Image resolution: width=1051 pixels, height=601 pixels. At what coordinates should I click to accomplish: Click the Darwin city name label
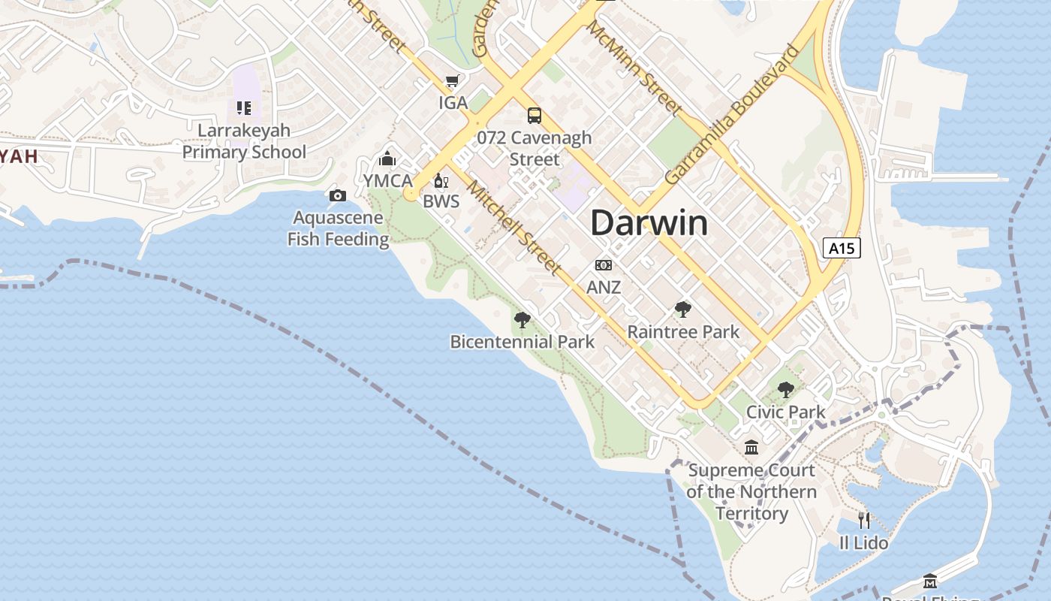tap(649, 224)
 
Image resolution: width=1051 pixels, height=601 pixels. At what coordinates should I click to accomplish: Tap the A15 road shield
tap(841, 249)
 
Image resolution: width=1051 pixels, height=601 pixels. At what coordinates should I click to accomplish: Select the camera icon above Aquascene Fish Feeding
tap(338, 196)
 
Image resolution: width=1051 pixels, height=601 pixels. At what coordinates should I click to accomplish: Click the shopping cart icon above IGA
tap(452, 81)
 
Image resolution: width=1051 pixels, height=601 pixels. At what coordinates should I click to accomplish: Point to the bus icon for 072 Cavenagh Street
tap(535, 116)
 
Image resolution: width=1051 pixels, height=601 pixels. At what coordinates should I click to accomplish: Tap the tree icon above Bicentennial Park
tap(522, 320)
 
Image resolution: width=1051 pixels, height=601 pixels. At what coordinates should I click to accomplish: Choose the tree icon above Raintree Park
tap(682, 310)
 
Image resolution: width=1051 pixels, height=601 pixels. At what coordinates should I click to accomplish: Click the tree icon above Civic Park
tap(785, 390)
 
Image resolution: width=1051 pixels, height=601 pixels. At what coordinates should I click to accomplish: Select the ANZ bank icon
tap(603, 265)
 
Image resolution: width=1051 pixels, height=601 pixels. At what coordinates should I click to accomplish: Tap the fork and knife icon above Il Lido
tap(864, 520)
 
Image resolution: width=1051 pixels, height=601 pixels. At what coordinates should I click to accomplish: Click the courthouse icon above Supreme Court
tap(751, 448)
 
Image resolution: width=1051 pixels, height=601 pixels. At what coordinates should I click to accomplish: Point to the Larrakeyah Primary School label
tap(244, 141)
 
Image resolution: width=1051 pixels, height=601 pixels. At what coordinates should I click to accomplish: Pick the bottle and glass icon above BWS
tap(441, 180)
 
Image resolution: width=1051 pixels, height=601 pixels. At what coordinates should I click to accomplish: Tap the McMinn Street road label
tap(634, 68)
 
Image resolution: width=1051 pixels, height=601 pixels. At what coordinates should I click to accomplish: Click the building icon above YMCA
tap(387, 159)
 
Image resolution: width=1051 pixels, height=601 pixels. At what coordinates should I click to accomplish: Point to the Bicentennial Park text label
tap(522, 342)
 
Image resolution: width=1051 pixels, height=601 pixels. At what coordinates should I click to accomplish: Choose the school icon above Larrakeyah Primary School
tap(244, 108)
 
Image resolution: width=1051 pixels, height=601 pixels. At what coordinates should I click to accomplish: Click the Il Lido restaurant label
tap(863, 542)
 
